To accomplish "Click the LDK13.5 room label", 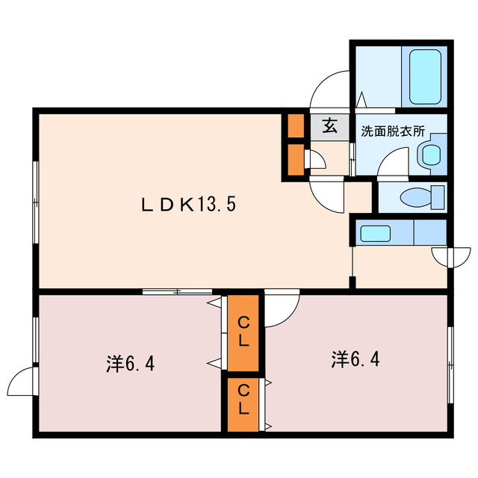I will pyautogui.click(x=190, y=203).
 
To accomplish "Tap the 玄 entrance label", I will pyautogui.click(x=329, y=126).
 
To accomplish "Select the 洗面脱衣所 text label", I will pyautogui.click(x=393, y=131).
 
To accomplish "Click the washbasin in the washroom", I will pyautogui.click(x=431, y=155).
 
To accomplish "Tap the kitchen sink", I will pyautogui.click(x=375, y=233).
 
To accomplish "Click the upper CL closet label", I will pyautogui.click(x=243, y=332).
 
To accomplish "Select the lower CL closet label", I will pyautogui.click(x=243, y=400).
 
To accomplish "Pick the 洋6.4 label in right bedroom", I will pyautogui.click(x=356, y=359).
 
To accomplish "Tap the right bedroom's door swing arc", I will pyautogui.click(x=282, y=309).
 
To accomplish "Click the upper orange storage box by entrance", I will pyautogui.click(x=295, y=126).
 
